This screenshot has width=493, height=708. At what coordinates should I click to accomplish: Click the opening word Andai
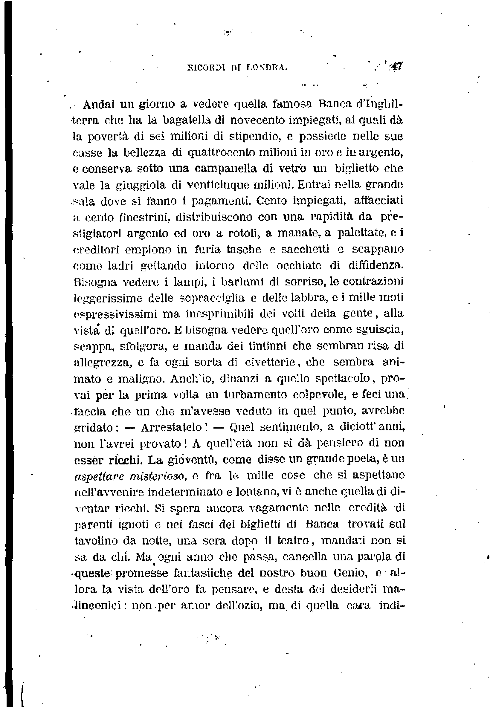point(99,105)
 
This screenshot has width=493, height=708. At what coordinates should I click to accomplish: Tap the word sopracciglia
point(212,298)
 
